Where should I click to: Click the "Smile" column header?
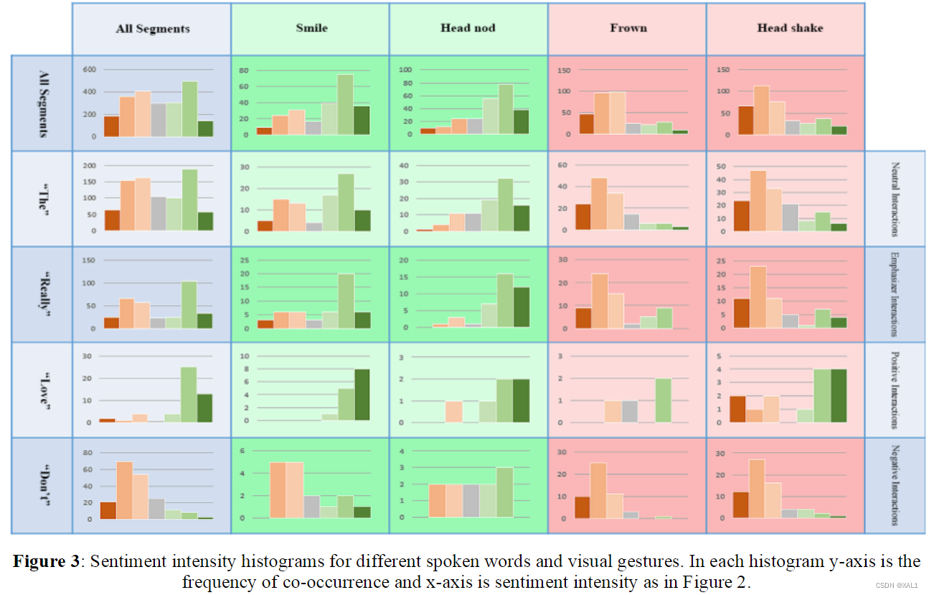pyautogui.click(x=311, y=29)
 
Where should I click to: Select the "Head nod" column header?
pyautogui.click(x=467, y=29)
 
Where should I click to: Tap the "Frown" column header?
pyautogui.click(x=628, y=29)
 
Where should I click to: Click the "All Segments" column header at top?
pyautogui.click(x=153, y=29)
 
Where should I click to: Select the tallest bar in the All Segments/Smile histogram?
pyautogui.click(x=345, y=105)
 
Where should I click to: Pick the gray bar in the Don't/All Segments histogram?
pyautogui.click(x=156, y=509)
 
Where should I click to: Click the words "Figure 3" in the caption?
pyautogui.click(x=46, y=562)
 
